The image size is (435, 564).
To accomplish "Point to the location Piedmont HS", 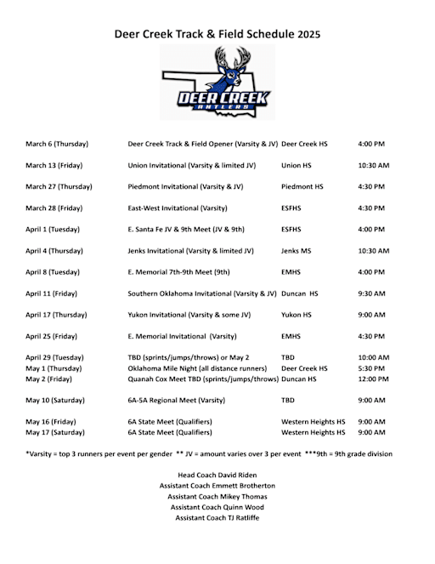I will [x=302, y=186].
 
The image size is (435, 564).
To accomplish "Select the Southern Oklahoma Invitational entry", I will [x=201, y=293].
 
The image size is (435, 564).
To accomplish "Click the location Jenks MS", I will [x=297, y=251].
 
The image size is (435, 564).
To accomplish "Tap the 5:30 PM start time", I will [x=371, y=368].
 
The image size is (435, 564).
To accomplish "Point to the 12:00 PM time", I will [x=373, y=379].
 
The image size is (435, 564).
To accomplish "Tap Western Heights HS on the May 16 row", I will [x=313, y=421].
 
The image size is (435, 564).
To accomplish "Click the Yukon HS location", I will [x=297, y=315].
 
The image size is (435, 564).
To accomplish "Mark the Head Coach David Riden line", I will [x=217, y=476].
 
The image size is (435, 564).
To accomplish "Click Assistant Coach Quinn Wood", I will [x=217, y=507].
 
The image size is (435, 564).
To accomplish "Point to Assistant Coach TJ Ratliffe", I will [x=217, y=517].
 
